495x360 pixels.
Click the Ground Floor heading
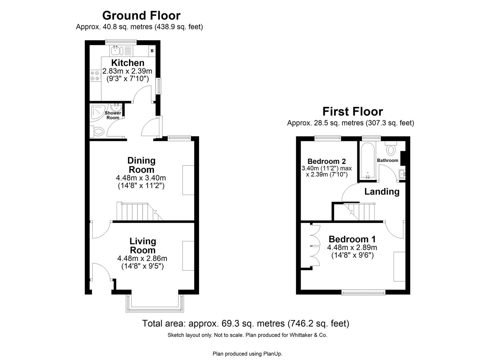click(x=141, y=15)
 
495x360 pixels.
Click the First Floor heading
click(x=352, y=111)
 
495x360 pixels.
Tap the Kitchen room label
click(x=128, y=63)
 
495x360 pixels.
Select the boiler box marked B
click(x=152, y=51)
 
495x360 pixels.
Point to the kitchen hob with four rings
click(x=95, y=76)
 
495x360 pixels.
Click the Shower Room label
click(x=113, y=115)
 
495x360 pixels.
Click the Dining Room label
click(x=142, y=165)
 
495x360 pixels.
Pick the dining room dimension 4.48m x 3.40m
click(x=141, y=178)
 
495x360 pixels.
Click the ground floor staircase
click(x=137, y=212)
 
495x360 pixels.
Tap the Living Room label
click(x=143, y=246)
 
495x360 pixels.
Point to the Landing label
click(x=382, y=192)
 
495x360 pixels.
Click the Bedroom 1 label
click(x=352, y=239)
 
